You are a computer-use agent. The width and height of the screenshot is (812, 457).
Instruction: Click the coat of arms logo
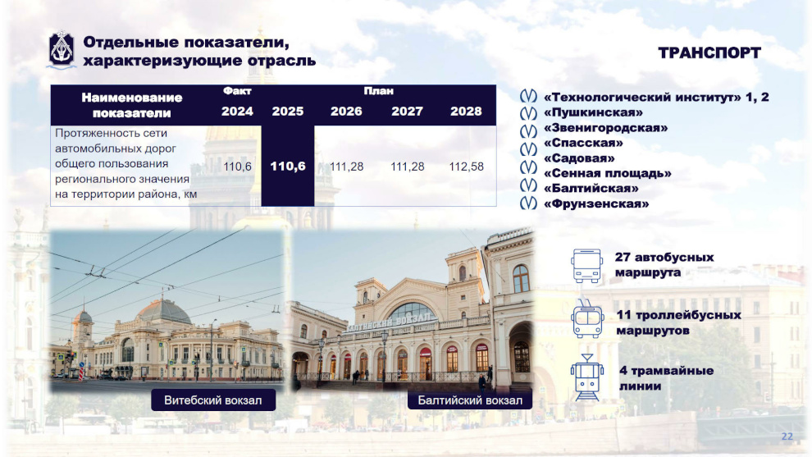pos(62,49)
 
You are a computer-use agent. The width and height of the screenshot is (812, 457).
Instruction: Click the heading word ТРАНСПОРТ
pos(709,53)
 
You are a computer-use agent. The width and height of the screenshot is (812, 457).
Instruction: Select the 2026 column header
pos(346,111)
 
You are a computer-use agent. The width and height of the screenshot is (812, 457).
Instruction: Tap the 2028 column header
pos(466,111)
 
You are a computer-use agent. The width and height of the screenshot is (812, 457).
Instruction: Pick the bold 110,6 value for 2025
pos(288,167)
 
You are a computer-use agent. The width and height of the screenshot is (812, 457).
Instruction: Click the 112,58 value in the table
pos(466,167)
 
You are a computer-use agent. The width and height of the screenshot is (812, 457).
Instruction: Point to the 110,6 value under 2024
pos(237,167)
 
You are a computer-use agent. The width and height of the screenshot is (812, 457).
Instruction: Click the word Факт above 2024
pos(237,91)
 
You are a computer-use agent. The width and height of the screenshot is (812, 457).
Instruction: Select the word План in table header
pos(379,91)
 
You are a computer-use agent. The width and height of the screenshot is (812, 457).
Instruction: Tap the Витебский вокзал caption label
pos(212,400)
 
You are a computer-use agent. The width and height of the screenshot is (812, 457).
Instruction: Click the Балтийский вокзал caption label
pos(470,400)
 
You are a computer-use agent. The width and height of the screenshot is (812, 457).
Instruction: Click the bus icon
pos(586,265)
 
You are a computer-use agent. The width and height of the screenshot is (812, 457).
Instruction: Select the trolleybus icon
pos(587,319)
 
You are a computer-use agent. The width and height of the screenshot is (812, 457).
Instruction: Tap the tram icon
pos(587,377)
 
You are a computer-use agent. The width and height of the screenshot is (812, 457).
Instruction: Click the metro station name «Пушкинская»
pos(593,112)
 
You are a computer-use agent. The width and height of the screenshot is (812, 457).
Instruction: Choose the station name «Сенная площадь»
pos(608,173)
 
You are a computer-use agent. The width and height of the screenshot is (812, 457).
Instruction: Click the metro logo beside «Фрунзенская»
pos(528,203)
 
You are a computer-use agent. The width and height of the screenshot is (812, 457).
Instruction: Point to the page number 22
pos(787,436)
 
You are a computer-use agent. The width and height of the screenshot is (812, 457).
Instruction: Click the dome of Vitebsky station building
pos(164,312)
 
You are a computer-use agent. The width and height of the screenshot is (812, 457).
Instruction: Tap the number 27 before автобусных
pos(623,257)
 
